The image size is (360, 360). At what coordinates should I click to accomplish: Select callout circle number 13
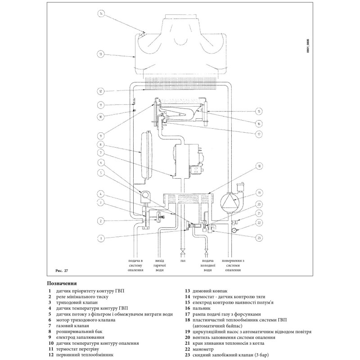[x=101, y=54]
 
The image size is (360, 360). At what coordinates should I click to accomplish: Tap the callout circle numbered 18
[x=259, y=166]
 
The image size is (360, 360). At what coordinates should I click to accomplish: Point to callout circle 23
[x=259, y=238]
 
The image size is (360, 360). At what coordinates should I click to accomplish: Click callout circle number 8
[x=101, y=145]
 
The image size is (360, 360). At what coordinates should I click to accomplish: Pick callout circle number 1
[x=101, y=238]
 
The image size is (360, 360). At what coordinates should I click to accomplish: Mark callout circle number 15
[x=259, y=111]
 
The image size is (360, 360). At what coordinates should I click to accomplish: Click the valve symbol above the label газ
[x=183, y=250]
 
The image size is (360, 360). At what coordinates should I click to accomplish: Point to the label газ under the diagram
[x=183, y=261]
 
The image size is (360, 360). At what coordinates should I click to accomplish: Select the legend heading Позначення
[x=62, y=284]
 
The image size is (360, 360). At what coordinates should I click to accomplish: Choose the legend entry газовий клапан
[x=73, y=325]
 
